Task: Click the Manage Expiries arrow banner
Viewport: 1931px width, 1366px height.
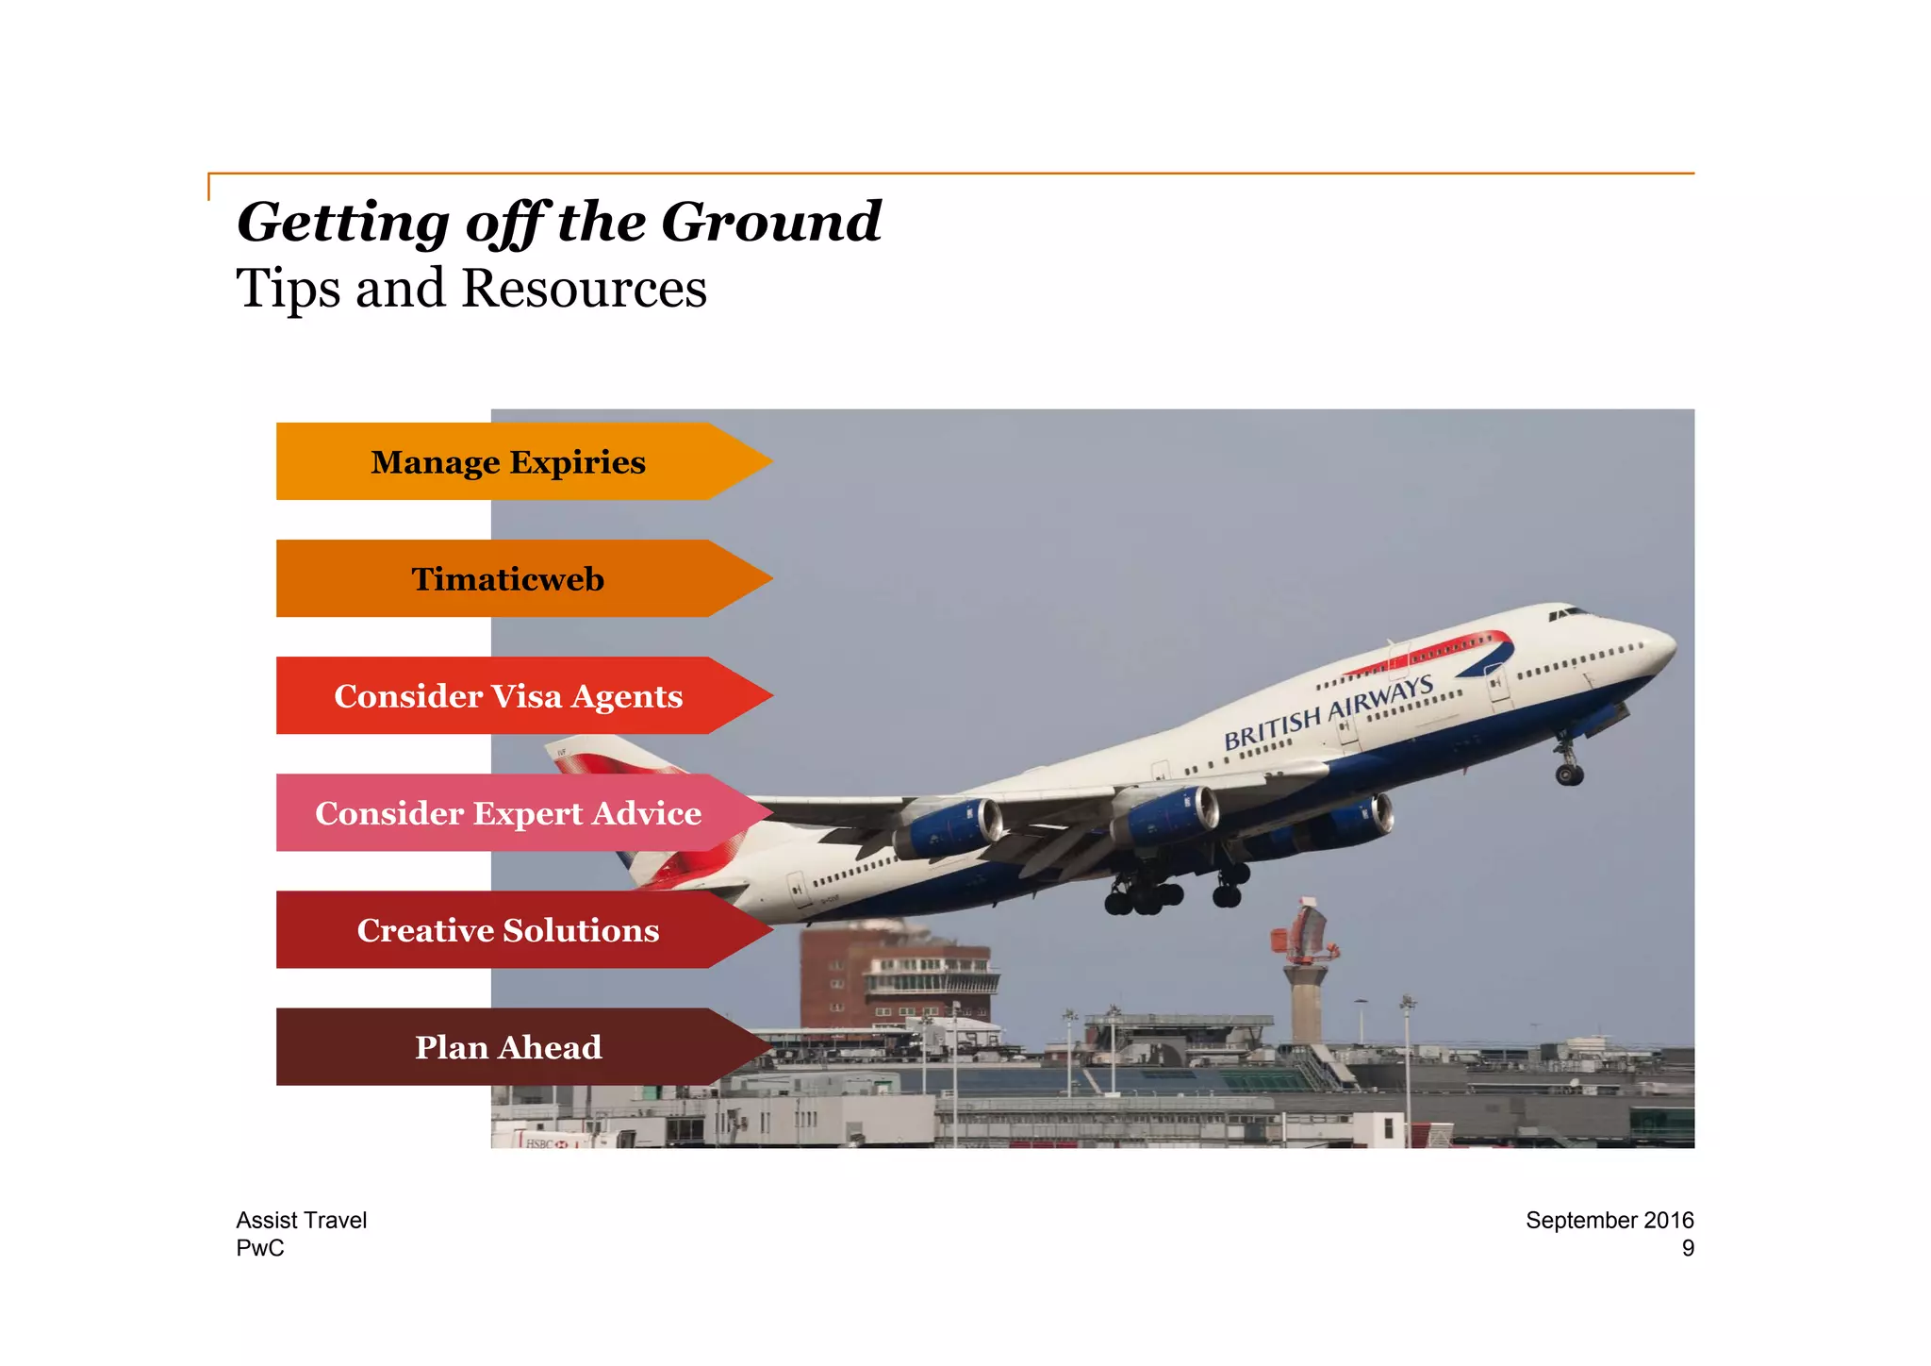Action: coord(509,462)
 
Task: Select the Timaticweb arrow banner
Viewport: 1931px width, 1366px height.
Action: coord(509,579)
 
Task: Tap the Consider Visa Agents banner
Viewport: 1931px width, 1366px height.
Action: coord(509,696)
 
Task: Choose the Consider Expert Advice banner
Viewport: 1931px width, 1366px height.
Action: coord(509,813)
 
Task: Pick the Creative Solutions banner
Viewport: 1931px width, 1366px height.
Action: coord(509,930)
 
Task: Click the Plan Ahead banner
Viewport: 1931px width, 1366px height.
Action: coord(509,1047)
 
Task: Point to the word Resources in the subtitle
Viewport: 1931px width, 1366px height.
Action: coord(584,289)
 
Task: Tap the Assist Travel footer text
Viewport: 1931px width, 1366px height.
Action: coord(301,1220)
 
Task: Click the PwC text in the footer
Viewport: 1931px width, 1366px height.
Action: coord(259,1248)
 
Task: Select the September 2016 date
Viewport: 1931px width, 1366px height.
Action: coord(1609,1220)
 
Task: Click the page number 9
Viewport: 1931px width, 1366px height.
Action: coord(1688,1248)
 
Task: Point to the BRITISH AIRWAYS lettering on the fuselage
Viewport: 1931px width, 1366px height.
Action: coord(1329,712)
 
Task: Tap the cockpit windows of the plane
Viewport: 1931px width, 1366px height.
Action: coord(1567,614)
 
